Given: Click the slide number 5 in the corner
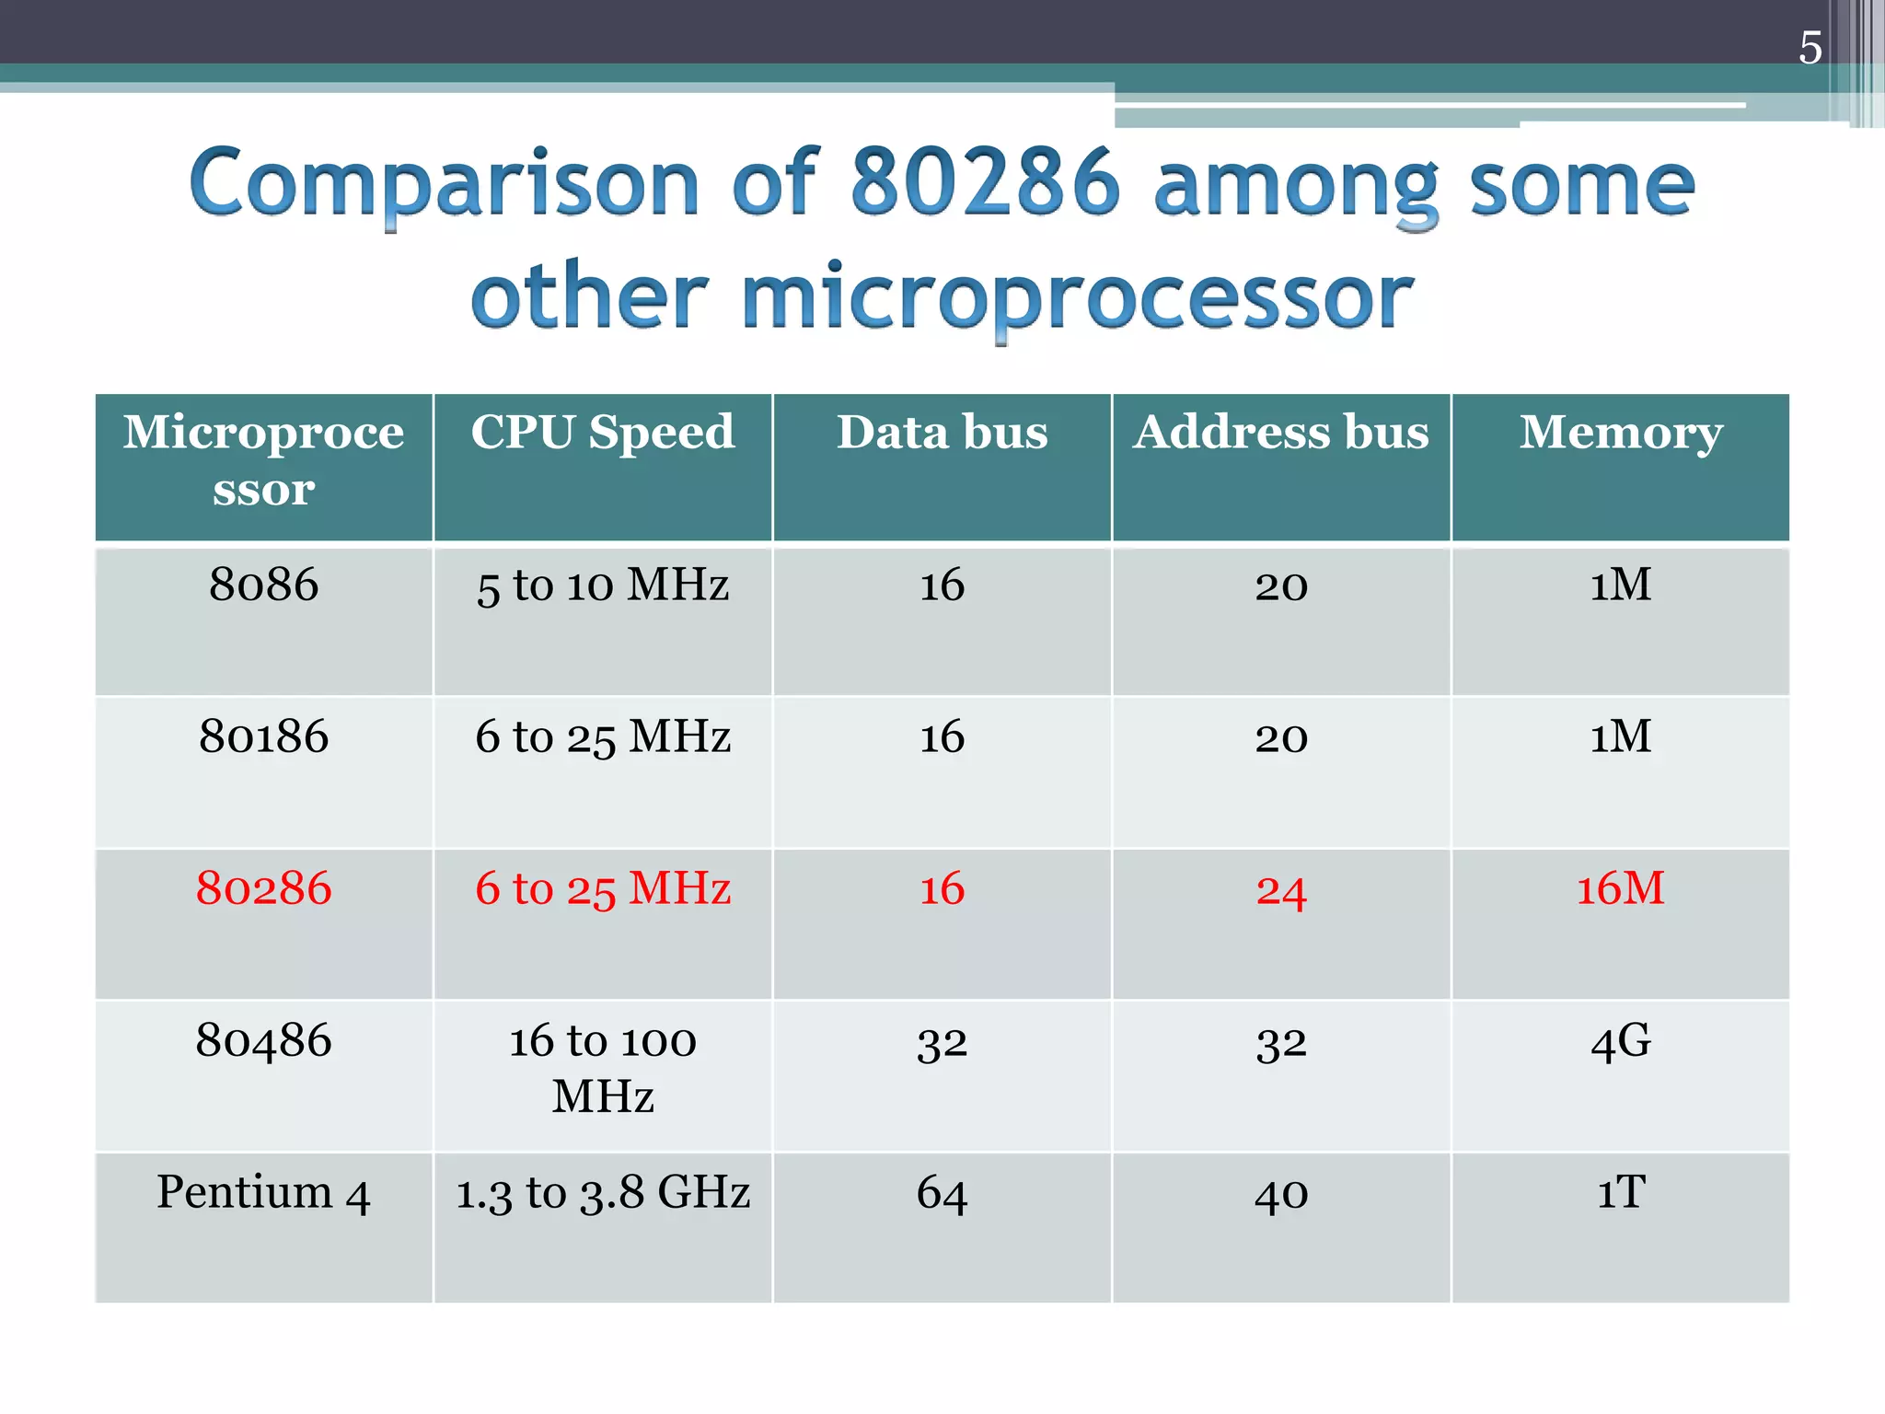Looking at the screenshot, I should coord(1810,48).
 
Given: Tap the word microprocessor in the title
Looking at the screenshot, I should coord(1077,296).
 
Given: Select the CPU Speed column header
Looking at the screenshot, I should coord(603,432).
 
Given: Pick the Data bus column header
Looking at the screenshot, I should coord(942,432).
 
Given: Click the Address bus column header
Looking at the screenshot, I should coord(1280,432).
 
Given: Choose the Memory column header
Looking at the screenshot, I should coord(1620,432).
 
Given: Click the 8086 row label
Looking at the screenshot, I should coord(264,585).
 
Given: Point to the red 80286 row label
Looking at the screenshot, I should coord(264,888).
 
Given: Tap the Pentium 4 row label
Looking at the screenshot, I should coord(264,1192).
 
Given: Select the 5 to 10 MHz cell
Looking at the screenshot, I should coord(603,585).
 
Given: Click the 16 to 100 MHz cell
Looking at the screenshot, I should coord(603,1068).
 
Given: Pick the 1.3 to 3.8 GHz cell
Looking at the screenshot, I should coord(603,1192).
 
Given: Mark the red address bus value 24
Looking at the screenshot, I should coord(1280,890).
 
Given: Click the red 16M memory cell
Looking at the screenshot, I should coord(1620,888).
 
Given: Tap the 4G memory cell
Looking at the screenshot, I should coord(1620,1041).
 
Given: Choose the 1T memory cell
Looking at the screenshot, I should coord(1620,1192).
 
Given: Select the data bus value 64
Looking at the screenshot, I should coord(942,1193).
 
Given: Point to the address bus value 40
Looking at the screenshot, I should coord(1280,1194).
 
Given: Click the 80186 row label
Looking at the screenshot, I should coord(264,736).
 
